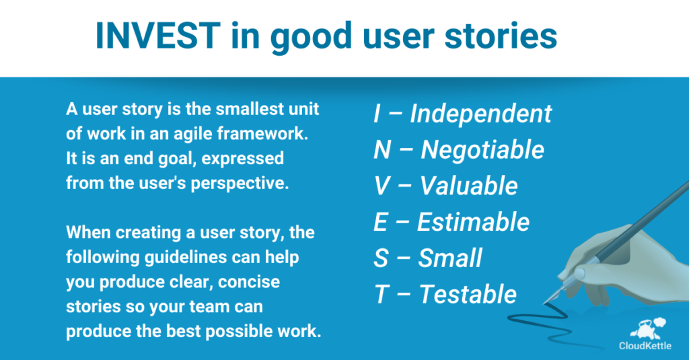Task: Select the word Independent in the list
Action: (x=480, y=114)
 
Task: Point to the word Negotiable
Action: (x=482, y=150)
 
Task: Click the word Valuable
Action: (x=469, y=186)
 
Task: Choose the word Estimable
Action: (x=473, y=222)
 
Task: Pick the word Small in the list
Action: (x=450, y=258)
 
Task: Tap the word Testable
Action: (x=468, y=294)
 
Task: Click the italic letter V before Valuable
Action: (x=382, y=186)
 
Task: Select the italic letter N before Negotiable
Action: (x=383, y=150)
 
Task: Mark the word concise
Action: (x=255, y=282)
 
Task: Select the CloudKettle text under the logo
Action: (x=645, y=347)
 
